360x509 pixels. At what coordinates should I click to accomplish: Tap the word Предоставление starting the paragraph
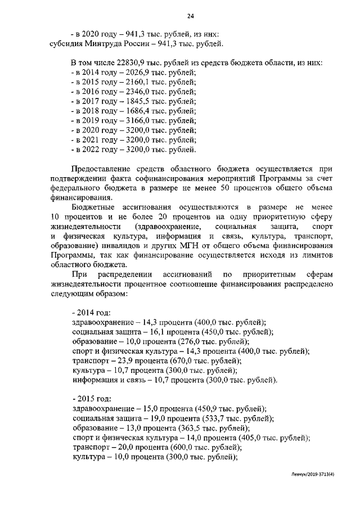click(x=104, y=169)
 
